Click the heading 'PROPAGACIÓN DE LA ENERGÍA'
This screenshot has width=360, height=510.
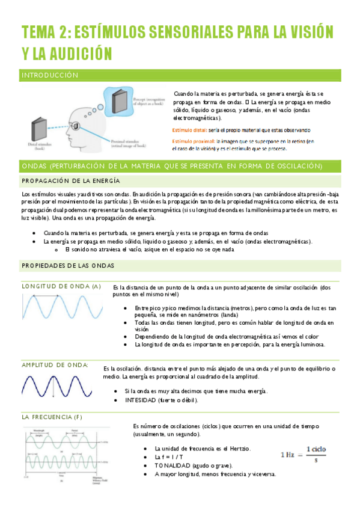pyautogui.click(x=71, y=181)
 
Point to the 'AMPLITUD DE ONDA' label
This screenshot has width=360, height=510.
pyautogui.click(x=55, y=365)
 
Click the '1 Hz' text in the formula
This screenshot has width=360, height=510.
pyautogui.click(x=291, y=454)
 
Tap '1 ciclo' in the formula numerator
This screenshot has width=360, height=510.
pyautogui.click(x=316, y=449)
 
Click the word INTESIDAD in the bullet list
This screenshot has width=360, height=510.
pyautogui.click(x=139, y=400)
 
